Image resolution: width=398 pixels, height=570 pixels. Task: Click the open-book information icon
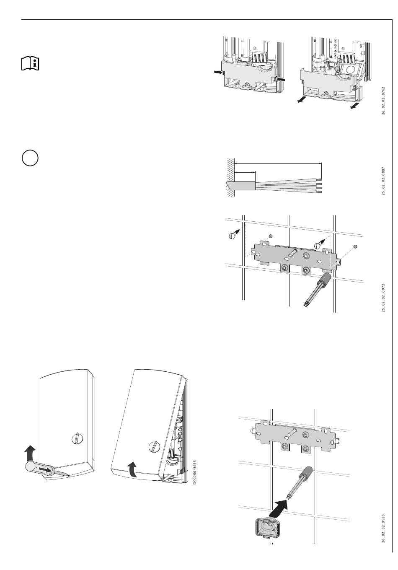[30, 63]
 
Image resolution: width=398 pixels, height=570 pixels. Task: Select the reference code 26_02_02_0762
[383, 101]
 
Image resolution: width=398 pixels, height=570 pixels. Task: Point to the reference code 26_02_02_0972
[383, 297]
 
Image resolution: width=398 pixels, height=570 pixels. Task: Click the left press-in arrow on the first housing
[218, 73]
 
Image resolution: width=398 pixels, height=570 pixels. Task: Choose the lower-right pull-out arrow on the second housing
[354, 106]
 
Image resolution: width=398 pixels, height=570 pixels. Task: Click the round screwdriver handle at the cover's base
[32, 467]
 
